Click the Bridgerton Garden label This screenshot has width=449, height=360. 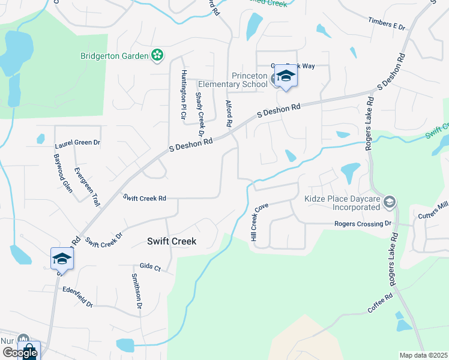click(x=114, y=56)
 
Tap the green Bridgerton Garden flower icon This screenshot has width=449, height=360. click(x=157, y=56)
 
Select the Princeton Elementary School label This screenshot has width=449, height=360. click(x=250, y=80)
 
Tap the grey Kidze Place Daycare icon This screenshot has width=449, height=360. click(x=390, y=202)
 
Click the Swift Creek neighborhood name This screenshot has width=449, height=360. click(x=172, y=241)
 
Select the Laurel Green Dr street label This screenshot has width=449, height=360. click(x=77, y=144)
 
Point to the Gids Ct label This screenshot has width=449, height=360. click(x=150, y=267)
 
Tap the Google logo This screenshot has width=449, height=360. click(x=20, y=352)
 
